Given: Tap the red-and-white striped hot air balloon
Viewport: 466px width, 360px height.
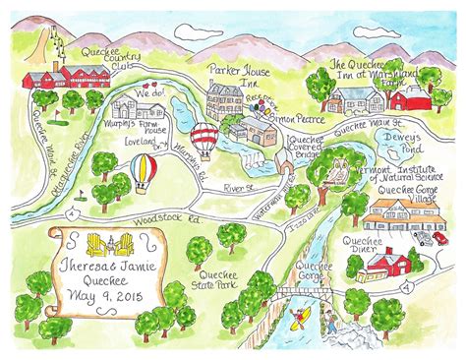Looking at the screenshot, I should (x=204, y=137).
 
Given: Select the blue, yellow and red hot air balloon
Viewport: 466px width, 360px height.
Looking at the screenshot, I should (x=144, y=173).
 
